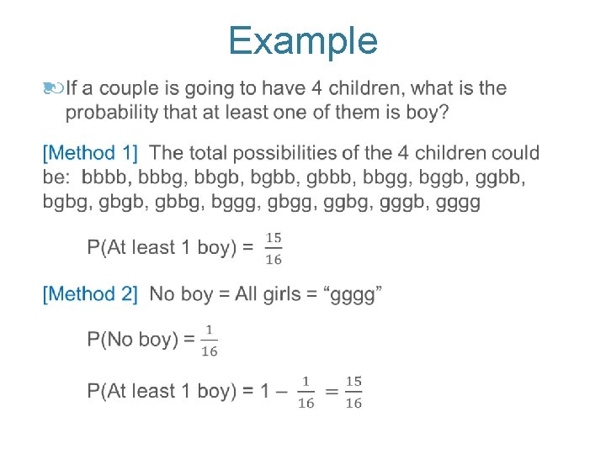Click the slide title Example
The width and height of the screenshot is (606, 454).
click(x=303, y=40)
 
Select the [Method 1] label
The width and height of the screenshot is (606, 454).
click(x=90, y=153)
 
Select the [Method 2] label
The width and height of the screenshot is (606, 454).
click(x=90, y=294)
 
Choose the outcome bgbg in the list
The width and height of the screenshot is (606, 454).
click(x=66, y=203)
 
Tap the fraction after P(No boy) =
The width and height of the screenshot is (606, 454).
click(x=209, y=340)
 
